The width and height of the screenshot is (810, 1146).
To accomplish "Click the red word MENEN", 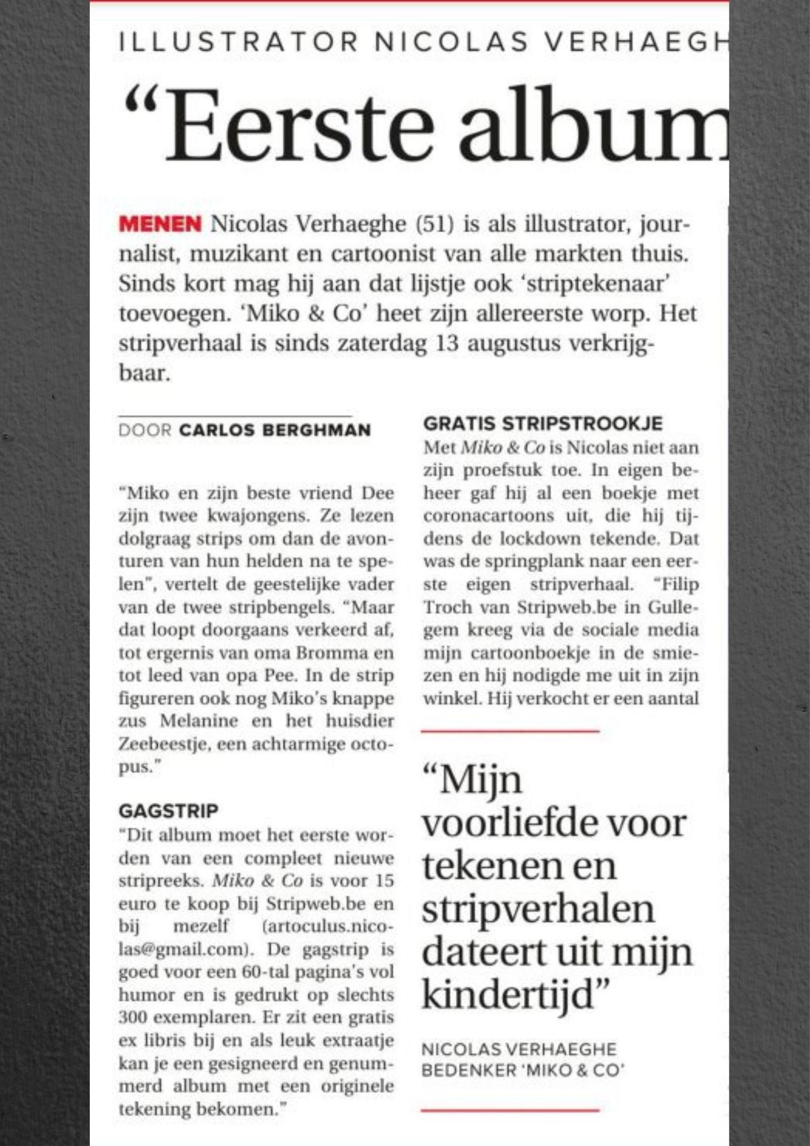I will point(160,224).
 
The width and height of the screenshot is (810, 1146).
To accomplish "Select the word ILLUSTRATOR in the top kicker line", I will point(238,42).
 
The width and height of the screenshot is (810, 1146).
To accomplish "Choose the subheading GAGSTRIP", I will point(168,811).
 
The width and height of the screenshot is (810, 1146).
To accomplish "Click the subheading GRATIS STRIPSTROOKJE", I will point(543,424).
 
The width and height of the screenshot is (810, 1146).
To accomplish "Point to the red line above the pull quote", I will point(510,732).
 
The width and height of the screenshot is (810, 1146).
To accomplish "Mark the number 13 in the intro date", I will point(447,343).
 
